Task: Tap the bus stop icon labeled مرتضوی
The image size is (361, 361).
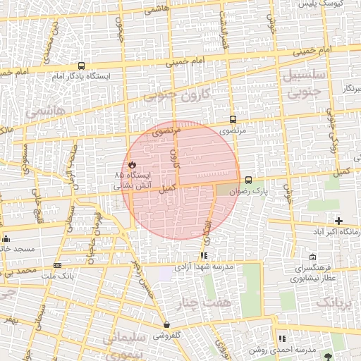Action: click(233, 119)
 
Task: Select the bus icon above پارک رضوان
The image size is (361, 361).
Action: click(248, 180)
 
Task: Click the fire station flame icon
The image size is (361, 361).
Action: click(131, 164)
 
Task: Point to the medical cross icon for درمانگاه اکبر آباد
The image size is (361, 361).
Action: click(339, 221)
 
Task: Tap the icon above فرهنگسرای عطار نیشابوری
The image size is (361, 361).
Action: click(313, 258)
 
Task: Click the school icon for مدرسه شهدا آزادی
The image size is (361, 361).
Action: click(204, 255)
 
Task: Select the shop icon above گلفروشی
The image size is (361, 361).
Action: click(166, 325)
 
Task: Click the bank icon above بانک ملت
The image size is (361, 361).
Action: click(57, 265)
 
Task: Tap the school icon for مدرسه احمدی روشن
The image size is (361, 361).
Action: click(282, 339)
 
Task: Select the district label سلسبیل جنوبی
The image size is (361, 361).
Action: click(304, 82)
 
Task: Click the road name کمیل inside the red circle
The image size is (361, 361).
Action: click(167, 189)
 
